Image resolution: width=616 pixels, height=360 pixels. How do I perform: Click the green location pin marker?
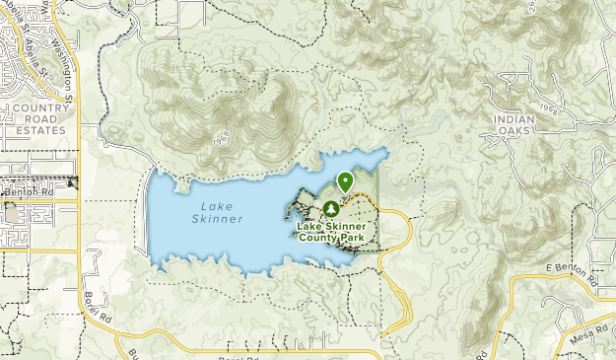345,181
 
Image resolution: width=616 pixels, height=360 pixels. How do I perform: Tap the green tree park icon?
331,209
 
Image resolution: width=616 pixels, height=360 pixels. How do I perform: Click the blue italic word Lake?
215,206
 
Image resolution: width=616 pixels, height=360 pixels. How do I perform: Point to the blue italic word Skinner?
215,219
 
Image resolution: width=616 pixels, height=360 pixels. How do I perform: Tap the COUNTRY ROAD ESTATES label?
33,118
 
